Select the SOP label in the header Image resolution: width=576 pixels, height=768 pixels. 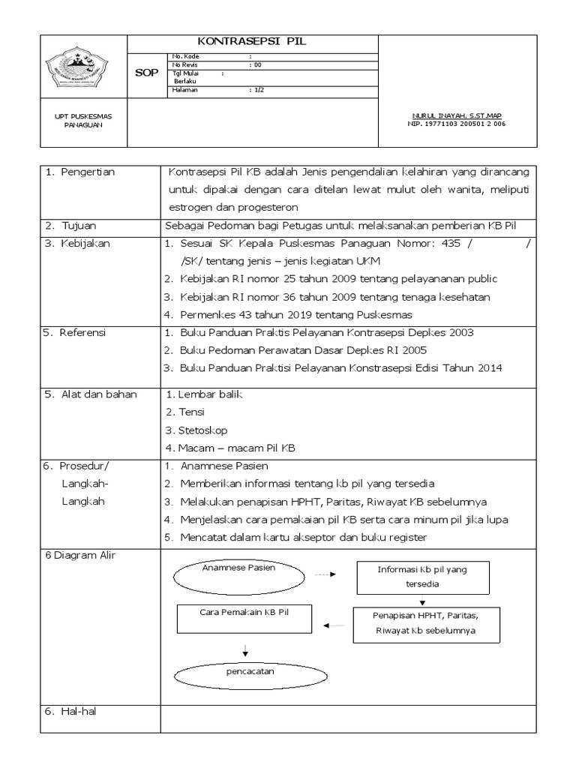(146, 73)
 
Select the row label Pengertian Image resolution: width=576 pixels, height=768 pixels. (86, 172)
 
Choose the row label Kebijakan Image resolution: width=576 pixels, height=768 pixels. (85, 243)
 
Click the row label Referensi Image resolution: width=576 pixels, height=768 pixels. (85, 332)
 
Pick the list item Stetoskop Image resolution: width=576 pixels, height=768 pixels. (202, 430)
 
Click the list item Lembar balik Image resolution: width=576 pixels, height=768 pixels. (207, 394)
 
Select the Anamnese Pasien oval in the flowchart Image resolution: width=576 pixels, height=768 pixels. (238, 577)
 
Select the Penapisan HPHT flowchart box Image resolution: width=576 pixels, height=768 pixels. (424, 622)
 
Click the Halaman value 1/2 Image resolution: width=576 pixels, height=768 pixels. (257, 89)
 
